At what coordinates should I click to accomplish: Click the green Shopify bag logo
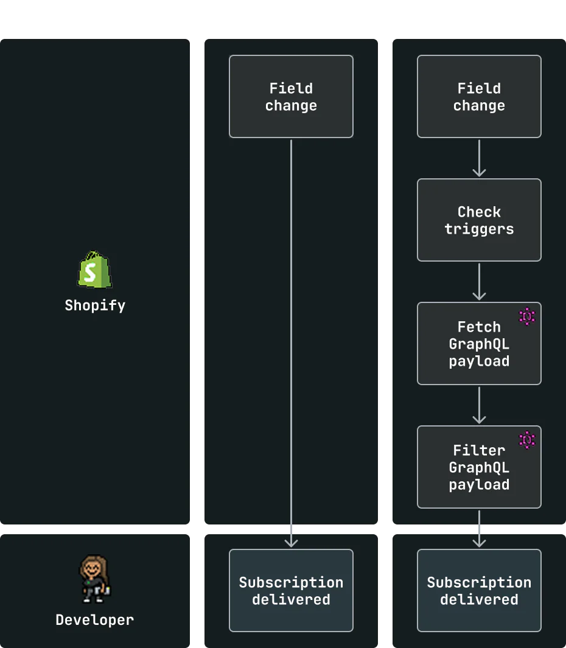tap(95, 270)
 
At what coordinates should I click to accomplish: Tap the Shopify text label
tap(95, 305)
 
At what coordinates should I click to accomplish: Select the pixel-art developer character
tap(95, 579)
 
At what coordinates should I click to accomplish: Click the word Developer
tap(95, 619)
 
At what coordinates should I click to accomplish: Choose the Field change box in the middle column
tap(291, 96)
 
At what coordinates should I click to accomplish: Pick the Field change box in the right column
tap(479, 96)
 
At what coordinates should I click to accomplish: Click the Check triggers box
tap(479, 220)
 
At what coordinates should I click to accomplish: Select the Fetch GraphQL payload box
tap(479, 343)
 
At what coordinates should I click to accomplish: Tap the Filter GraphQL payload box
tap(479, 467)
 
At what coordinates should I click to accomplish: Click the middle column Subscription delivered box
tap(291, 591)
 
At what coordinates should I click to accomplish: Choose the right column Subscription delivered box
tap(479, 591)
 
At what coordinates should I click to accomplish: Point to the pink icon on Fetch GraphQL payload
tap(527, 316)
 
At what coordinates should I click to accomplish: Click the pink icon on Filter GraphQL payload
tap(527, 440)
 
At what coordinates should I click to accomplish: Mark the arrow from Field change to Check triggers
tap(479, 158)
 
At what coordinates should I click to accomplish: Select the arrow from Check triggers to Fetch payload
tap(479, 282)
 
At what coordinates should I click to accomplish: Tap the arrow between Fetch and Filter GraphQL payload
tap(479, 405)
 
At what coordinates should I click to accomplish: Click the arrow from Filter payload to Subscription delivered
tap(479, 529)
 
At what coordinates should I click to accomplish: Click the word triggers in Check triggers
tap(479, 229)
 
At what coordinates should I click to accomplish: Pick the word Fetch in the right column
tap(479, 327)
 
